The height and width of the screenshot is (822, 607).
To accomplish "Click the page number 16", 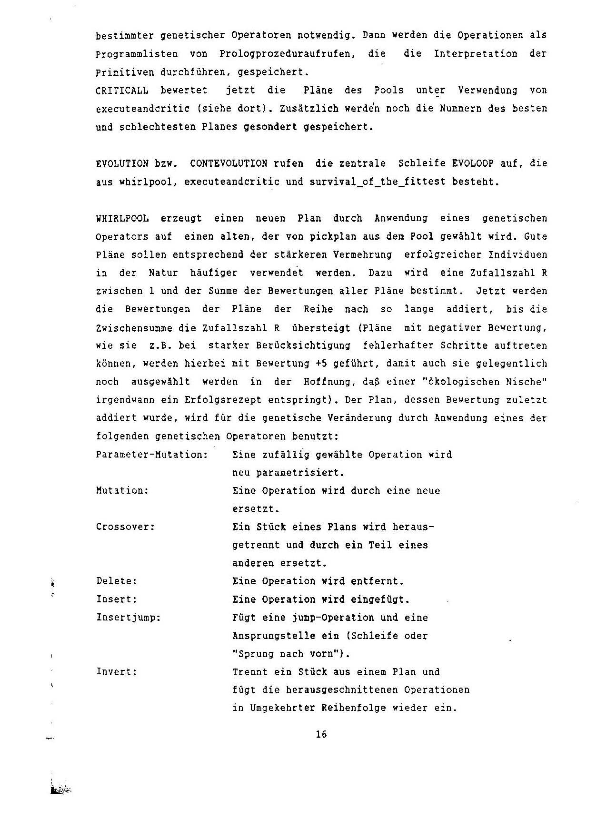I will pos(321,734).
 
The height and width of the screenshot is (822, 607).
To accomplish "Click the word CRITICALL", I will pos(122,91).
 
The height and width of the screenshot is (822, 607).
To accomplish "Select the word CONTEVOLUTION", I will pos(229,163).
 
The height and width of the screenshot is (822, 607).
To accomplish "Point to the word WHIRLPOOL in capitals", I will pos(122,219).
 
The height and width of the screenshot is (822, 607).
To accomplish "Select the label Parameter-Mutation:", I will pos(152,455).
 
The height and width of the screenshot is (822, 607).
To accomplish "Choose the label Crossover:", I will pos(126,527).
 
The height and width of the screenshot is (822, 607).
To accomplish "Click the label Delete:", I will pos(117,581).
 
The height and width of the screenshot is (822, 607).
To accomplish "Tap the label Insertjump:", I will pos(129,618).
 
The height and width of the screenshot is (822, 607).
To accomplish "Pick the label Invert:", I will pos(117,672).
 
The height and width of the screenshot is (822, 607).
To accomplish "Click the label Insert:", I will pos(117,599).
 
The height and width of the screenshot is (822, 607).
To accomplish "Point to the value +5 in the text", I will pos(320,364).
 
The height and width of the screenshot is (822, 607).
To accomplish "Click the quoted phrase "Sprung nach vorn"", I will pos(289,654).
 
